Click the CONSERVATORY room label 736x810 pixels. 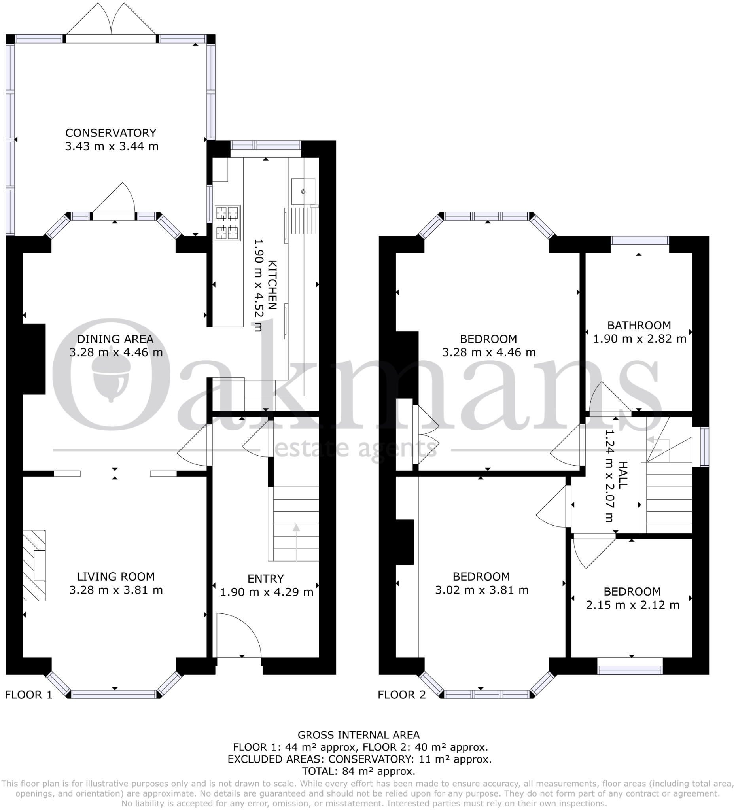click(x=111, y=133)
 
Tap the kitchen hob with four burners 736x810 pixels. click(x=227, y=223)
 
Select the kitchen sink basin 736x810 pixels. click(x=303, y=191)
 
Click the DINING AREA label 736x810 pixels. click(x=115, y=339)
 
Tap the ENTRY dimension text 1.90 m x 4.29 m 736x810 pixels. click(x=266, y=592)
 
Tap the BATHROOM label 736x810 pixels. click(x=639, y=325)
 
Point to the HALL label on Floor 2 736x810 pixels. click(x=622, y=475)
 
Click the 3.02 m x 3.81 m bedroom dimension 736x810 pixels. click(x=482, y=590)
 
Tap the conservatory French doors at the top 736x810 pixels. click(x=111, y=24)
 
